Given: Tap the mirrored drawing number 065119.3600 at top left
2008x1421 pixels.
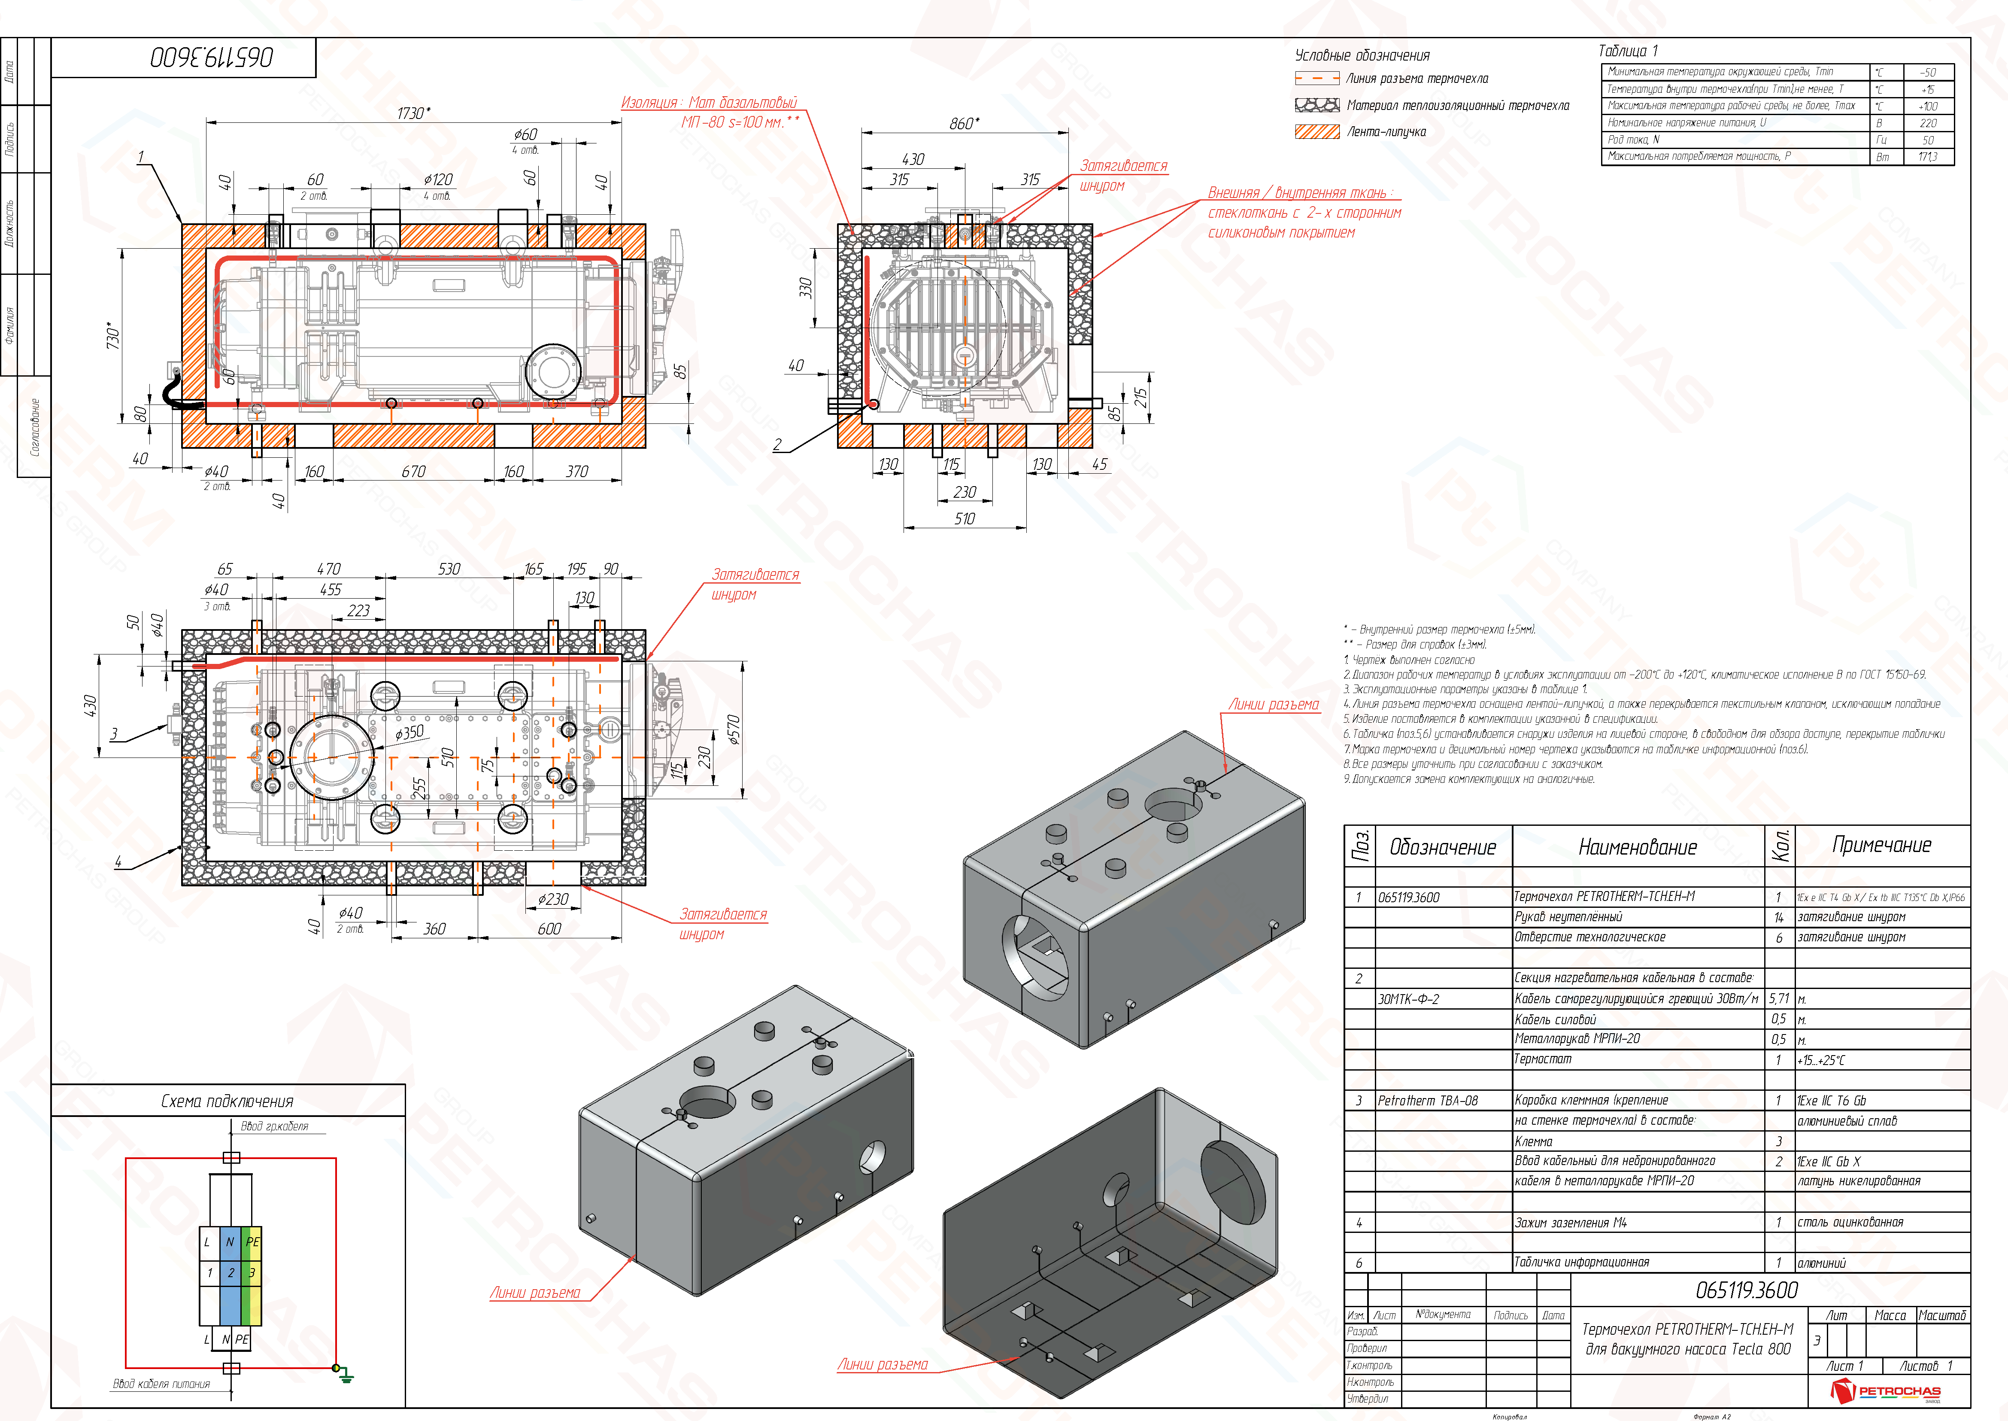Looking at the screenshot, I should click(x=212, y=58).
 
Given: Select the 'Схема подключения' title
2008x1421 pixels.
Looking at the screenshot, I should click(x=227, y=1101).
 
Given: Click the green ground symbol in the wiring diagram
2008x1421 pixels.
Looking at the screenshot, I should click(x=346, y=1376).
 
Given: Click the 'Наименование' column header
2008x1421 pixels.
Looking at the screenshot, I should click(x=1637, y=847).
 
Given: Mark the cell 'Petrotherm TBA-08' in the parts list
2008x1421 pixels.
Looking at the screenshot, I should click(x=1427, y=1101).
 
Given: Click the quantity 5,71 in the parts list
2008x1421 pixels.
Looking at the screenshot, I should click(x=1779, y=998).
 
